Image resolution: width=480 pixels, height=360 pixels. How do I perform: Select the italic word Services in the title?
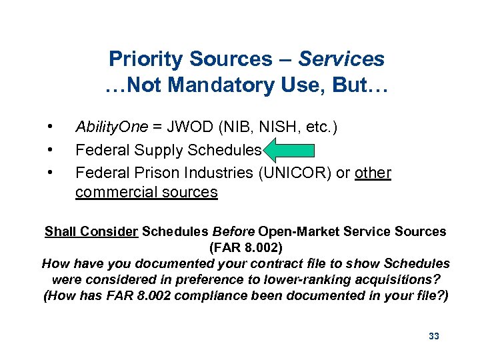pos(341,59)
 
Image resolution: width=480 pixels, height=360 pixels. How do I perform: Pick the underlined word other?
pos(373,173)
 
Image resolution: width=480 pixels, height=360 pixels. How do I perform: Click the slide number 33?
pos(434,336)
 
